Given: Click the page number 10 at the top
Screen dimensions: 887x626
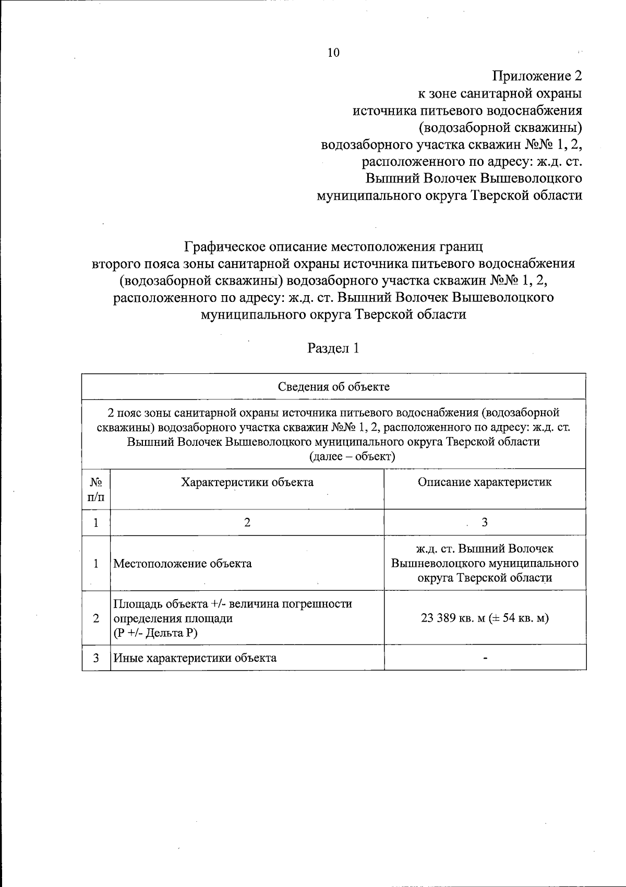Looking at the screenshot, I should (x=333, y=53).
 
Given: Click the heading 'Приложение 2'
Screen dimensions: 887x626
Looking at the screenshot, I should (x=537, y=76).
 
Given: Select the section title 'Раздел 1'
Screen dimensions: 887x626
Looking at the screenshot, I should (x=333, y=348).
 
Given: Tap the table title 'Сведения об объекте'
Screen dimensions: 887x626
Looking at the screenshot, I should (x=333, y=387).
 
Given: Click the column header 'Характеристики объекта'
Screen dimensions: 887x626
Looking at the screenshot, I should (x=247, y=482).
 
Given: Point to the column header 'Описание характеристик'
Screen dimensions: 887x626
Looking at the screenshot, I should (x=485, y=482).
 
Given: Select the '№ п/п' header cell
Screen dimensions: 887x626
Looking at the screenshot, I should (x=96, y=489).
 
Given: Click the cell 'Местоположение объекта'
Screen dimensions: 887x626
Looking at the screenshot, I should (x=183, y=564).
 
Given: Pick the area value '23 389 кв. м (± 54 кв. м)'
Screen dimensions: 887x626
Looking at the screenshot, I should (x=485, y=618).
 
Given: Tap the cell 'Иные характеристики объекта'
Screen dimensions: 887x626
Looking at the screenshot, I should (x=195, y=658).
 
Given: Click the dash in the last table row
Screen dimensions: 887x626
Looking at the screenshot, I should (x=485, y=659).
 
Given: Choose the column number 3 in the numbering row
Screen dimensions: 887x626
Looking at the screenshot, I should (x=485, y=523).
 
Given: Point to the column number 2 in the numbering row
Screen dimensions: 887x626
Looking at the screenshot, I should (x=247, y=523).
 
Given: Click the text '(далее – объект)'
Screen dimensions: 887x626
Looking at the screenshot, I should (x=353, y=457).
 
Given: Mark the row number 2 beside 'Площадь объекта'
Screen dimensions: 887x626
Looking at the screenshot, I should (x=96, y=618).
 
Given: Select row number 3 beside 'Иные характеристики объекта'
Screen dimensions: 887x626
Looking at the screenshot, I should (x=96, y=658).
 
